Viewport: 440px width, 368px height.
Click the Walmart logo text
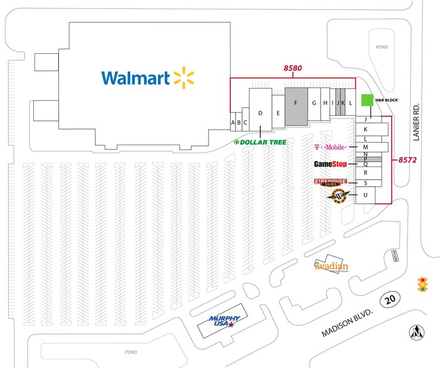coord(136,78)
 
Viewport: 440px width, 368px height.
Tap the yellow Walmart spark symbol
coord(184,77)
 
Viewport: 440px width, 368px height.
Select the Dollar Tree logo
coord(260,142)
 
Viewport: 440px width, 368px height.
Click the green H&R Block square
coord(366,100)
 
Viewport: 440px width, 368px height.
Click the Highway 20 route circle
coord(390,300)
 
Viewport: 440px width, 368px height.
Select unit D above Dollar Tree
coord(260,113)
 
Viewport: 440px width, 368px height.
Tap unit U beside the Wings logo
coord(365,196)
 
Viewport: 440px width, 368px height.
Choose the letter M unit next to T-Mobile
coord(365,147)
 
